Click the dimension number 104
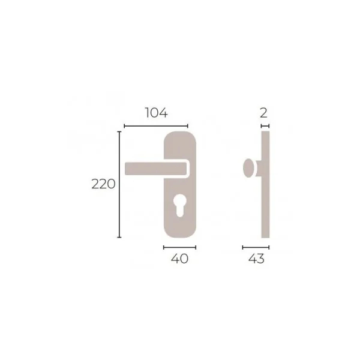point(157,113)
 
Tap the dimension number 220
point(103,184)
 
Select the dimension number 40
point(179,259)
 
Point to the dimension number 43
point(256,259)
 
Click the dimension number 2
point(264,113)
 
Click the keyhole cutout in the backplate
point(179,205)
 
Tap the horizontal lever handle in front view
point(155,169)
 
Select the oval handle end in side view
point(248,168)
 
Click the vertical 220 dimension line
point(119,184)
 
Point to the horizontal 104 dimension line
point(156,126)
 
